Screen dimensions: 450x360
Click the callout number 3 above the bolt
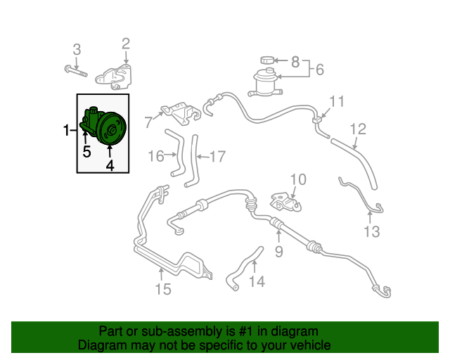(77, 49)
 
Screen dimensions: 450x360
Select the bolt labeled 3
(75, 71)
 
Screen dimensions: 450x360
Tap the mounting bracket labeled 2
(113, 77)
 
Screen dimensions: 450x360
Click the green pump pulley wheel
(111, 129)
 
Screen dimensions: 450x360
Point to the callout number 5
(86, 152)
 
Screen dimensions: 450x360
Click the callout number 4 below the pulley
(110, 165)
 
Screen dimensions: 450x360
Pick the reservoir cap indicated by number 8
(267, 60)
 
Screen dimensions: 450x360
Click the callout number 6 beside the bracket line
(320, 70)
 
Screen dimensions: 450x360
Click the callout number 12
(358, 129)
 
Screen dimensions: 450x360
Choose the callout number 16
(156, 156)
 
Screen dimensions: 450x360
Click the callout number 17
(218, 157)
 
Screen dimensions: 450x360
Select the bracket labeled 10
(285, 202)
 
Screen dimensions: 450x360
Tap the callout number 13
(372, 231)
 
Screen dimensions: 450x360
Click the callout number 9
(279, 252)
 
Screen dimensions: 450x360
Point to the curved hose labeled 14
(244, 269)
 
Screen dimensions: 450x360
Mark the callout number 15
(163, 289)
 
